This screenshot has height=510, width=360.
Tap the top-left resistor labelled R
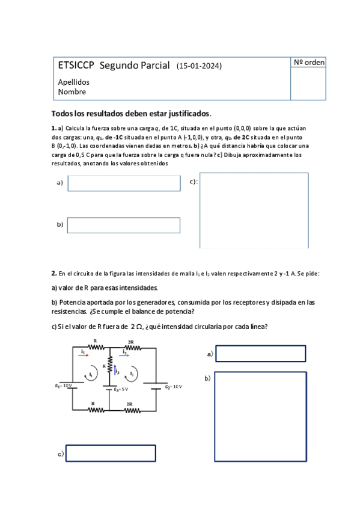pyautogui.click(x=96, y=347)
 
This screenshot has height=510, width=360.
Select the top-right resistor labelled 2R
pyautogui.click(x=131, y=347)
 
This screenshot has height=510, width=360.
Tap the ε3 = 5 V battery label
pyautogui.click(x=121, y=390)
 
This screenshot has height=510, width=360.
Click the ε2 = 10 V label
pyautogui.click(x=175, y=387)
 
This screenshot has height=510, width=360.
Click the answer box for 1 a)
pyautogui.click(x=124, y=183)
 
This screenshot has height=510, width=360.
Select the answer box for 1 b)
pyautogui.click(x=124, y=225)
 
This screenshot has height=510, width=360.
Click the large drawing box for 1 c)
pyautogui.click(x=254, y=210)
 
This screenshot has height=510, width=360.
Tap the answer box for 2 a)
pyautogui.click(x=261, y=354)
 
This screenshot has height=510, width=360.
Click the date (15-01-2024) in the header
pyautogui.click(x=203, y=66)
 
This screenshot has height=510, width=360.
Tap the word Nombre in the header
pyautogui.click(x=72, y=92)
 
